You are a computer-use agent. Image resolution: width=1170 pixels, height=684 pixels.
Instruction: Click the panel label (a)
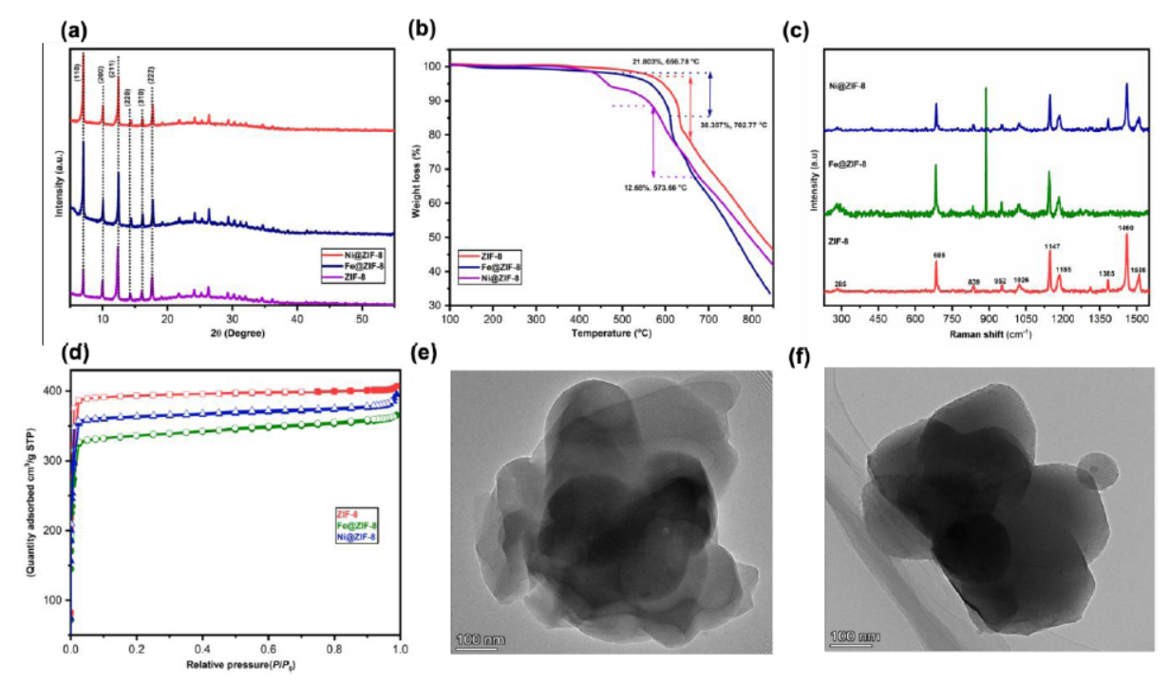pyautogui.click(x=74, y=29)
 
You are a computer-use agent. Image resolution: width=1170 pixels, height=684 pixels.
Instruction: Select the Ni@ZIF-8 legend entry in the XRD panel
pyautogui.click(x=357, y=255)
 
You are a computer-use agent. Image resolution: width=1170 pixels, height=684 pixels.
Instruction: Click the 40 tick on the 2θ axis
pyautogui.click(x=297, y=319)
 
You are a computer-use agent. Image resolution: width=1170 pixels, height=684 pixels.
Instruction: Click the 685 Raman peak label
pyautogui.click(x=939, y=255)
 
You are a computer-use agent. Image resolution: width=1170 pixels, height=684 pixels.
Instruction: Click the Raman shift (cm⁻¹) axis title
pyautogui.click(x=992, y=333)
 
